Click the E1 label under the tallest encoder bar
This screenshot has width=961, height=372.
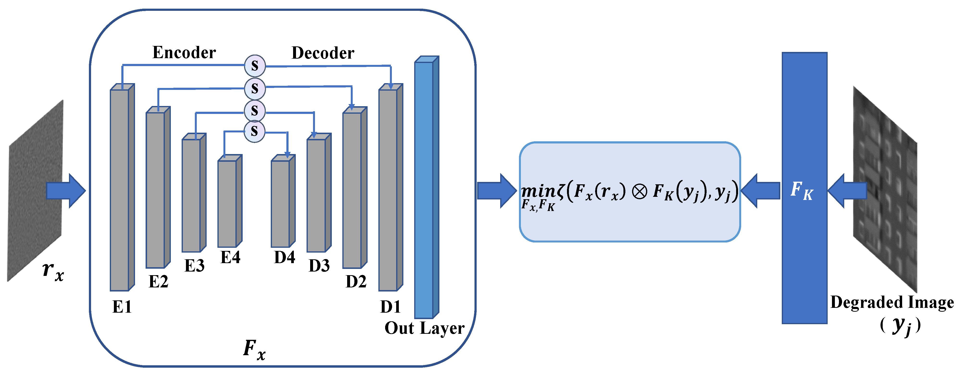click(122, 307)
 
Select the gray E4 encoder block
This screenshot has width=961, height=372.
click(228, 203)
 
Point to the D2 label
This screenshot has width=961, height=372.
click(356, 282)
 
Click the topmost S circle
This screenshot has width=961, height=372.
click(255, 66)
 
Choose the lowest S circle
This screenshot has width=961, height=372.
click(254, 131)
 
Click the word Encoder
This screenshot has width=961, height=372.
click(184, 53)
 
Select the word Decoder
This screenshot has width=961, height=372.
click(323, 53)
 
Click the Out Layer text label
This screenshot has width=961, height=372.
click(425, 328)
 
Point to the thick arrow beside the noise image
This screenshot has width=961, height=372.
click(66, 191)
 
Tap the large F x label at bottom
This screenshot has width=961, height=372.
click(254, 350)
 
